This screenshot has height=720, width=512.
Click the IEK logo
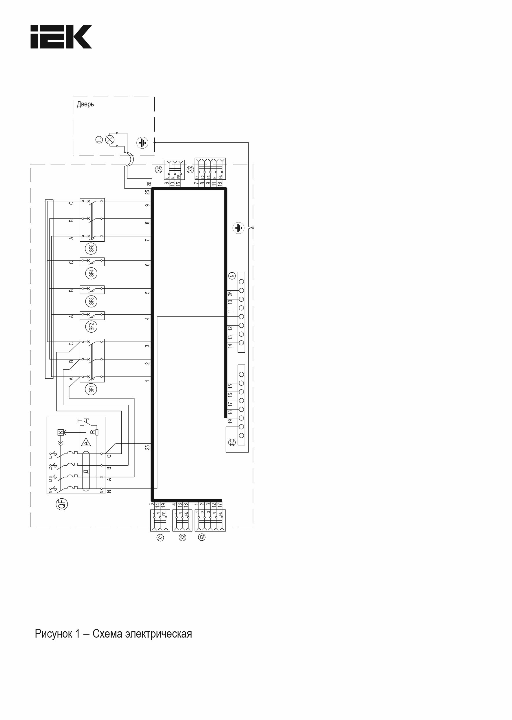[x=61, y=37]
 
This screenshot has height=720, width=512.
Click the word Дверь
[x=85, y=104]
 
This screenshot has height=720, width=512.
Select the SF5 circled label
[x=92, y=249]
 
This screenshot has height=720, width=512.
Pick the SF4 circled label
[x=92, y=273]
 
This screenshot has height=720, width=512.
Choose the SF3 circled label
[x=92, y=301]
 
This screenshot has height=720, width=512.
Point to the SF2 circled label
[x=92, y=327]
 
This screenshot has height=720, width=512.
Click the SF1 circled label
[x=92, y=389]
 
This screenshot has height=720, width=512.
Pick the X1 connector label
[x=160, y=537]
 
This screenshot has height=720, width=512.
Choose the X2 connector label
[x=182, y=537]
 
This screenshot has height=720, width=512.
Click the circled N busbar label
[x=232, y=276]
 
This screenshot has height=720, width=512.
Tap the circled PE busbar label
[x=232, y=442]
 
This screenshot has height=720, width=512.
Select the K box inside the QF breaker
[x=61, y=432]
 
